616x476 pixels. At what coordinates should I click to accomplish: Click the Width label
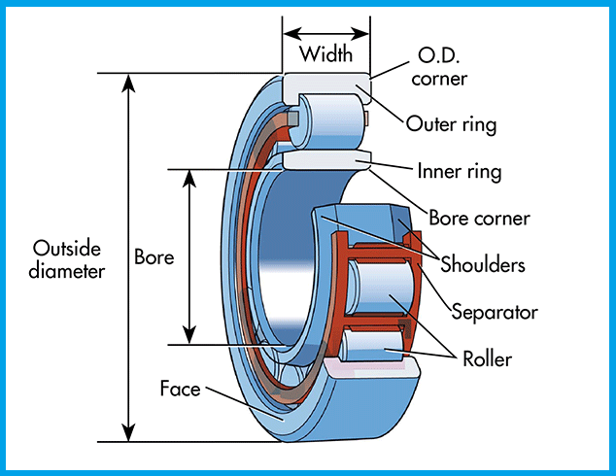[326, 54]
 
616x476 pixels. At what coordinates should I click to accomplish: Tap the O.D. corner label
[439, 67]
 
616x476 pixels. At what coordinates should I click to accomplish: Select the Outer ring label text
[451, 125]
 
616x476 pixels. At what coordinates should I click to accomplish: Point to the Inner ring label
[460, 172]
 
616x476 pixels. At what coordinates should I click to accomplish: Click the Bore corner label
[479, 218]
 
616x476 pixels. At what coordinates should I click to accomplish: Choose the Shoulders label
[483, 264]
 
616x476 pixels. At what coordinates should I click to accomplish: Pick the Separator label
[495, 312]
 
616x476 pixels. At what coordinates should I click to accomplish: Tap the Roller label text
[487, 359]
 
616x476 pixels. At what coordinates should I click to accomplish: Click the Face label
[181, 389]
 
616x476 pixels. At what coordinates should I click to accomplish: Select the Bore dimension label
[154, 257]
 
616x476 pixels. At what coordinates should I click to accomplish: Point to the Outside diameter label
[67, 259]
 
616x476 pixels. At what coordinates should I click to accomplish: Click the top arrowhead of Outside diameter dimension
[128, 83]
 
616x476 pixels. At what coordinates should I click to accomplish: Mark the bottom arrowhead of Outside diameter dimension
[128, 433]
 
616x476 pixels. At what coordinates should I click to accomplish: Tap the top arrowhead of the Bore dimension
[189, 179]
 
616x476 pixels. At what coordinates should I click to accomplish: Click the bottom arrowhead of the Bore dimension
[189, 335]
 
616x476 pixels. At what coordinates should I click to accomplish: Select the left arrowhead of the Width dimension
[292, 34]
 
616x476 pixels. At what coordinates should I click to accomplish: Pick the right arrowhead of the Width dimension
[360, 34]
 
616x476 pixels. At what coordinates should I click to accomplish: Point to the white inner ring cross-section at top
[326, 160]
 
